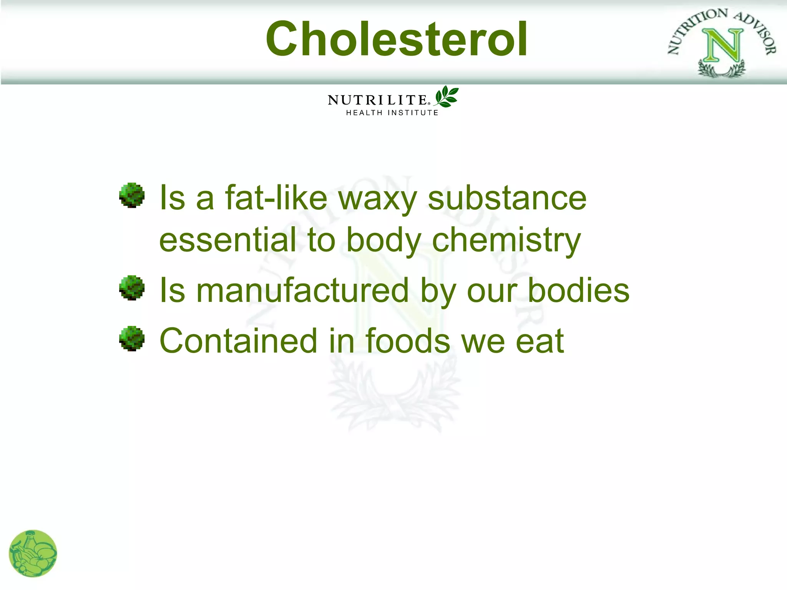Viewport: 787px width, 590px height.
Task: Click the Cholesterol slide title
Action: click(x=397, y=39)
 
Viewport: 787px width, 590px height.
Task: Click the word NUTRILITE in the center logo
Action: click(x=377, y=100)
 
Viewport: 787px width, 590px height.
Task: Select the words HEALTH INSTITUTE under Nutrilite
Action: click(x=392, y=113)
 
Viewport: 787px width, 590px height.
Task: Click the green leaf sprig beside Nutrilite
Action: click(x=447, y=96)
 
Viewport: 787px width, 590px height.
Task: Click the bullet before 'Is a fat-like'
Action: click(x=132, y=195)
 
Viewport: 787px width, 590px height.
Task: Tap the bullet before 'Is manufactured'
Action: click(x=132, y=287)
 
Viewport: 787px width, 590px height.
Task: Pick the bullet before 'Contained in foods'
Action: click(x=132, y=338)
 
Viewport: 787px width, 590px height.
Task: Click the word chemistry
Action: click(x=506, y=240)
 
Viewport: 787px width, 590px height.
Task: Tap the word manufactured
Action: click(x=302, y=290)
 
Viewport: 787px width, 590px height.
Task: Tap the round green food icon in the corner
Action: click(x=33, y=554)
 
